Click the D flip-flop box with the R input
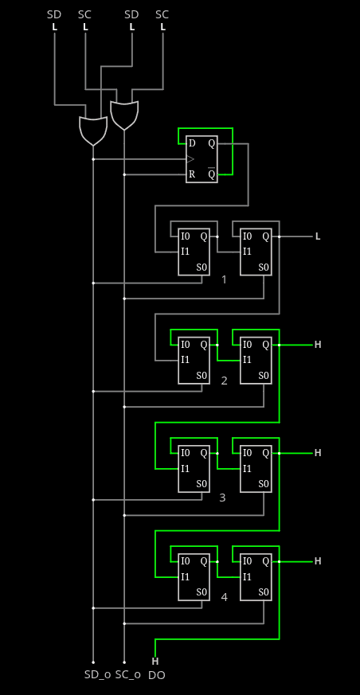pos(202,159)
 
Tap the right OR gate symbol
pos(124,115)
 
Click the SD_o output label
pos(97,675)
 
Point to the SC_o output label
pos(128,675)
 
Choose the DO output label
pos(156,676)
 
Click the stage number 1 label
pos(224,279)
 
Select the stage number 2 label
pos(224,381)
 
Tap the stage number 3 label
pos(222,498)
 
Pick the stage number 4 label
pos(224,598)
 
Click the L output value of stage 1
pos(318,236)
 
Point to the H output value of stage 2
pos(318,345)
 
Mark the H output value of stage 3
pos(318,453)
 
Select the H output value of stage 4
pos(318,561)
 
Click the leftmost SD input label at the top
pos(54,14)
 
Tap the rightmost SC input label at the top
pos(162,14)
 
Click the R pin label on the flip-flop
pos(192,174)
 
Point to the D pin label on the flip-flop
pos(192,143)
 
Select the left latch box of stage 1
pos(194,252)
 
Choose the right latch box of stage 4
pos(256,577)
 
